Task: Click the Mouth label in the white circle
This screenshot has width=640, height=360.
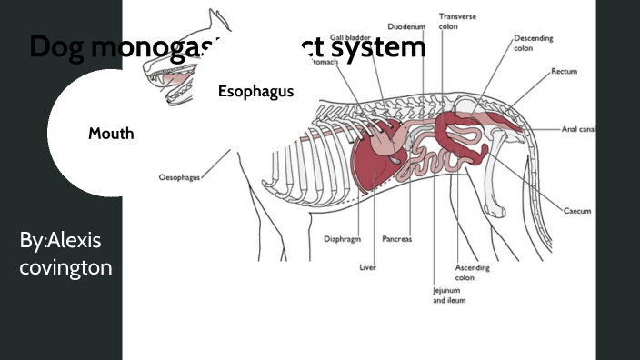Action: click(x=111, y=134)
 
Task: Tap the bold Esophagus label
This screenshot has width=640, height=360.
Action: click(x=255, y=92)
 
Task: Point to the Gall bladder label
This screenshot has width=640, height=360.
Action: click(x=350, y=37)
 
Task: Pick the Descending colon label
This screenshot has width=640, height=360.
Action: click(x=533, y=44)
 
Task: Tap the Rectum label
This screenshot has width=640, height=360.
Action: click(x=565, y=70)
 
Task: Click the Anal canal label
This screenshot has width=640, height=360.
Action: click(x=578, y=129)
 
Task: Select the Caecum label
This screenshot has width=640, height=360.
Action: click(x=576, y=210)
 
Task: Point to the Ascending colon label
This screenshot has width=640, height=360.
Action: click(x=472, y=273)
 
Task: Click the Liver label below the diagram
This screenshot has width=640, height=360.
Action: click(x=368, y=267)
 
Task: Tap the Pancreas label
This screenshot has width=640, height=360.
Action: click(x=396, y=239)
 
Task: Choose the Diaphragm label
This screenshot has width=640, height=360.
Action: click(x=343, y=239)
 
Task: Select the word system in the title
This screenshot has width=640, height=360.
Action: click(x=382, y=47)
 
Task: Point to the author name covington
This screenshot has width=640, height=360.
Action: click(x=65, y=267)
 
